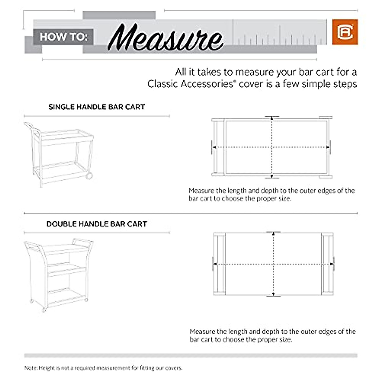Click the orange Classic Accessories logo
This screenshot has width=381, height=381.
coord(345,32)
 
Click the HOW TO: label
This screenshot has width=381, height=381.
coord(63,37)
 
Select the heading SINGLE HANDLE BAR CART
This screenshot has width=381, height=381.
coord(97,107)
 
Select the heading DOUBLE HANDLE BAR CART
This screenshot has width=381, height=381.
coord(97,224)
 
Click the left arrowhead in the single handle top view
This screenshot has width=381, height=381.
coord(214,147)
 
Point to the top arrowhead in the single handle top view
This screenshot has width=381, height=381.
coord(272,119)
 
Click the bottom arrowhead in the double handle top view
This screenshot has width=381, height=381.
coord(273,294)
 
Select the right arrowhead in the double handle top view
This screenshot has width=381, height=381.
coord(331,264)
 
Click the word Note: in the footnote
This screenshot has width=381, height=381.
coord(31,368)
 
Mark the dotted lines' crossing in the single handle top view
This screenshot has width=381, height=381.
coord(272,147)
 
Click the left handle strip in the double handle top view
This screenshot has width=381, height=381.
coord(219,264)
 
